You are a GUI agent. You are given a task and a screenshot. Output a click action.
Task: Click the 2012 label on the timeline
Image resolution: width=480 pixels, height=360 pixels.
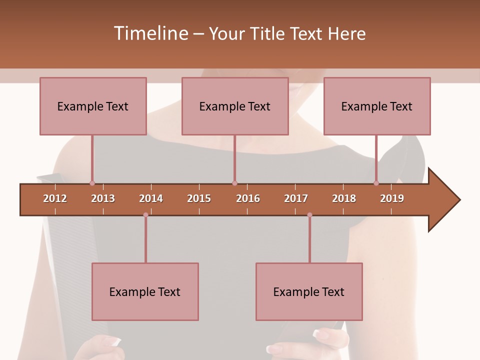tap(55, 198)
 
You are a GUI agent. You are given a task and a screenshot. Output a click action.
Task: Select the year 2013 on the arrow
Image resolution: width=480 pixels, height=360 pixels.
tap(103, 198)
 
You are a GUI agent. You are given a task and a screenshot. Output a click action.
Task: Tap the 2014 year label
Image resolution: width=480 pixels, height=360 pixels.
tap(151, 198)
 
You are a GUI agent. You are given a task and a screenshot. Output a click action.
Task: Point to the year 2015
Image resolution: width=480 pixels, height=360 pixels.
tap(199, 198)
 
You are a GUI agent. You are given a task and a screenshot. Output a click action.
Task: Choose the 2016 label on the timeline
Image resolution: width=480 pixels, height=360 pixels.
tap(248, 198)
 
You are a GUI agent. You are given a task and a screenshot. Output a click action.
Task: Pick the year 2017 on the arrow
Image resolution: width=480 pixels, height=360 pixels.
tap(296, 198)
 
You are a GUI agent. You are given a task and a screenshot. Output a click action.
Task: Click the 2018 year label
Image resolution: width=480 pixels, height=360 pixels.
tap(344, 198)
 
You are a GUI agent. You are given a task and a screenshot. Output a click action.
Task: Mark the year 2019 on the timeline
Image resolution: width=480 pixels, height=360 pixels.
tap(392, 198)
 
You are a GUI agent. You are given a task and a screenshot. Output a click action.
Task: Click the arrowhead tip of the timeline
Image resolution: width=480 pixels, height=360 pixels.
tap(458, 200)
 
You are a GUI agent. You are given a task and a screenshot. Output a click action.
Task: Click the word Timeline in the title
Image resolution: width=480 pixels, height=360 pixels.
tap(150, 33)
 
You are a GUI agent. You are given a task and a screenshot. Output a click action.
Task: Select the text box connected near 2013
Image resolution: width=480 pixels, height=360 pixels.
tap(93, 106)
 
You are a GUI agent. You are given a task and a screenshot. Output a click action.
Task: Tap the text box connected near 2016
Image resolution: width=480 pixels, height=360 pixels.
tap(235, 106)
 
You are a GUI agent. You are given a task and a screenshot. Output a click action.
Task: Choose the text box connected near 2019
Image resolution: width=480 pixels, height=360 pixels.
tap(377, 106)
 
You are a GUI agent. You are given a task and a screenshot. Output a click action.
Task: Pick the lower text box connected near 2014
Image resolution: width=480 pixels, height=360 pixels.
tap(145, 291)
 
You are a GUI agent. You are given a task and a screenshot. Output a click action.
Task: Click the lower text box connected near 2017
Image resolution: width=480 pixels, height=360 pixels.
tap(309, 291)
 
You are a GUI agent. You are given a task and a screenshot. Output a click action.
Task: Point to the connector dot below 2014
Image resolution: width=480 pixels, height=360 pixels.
tap(145, 215)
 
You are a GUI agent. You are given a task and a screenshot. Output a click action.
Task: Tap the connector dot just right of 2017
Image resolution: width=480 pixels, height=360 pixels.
tap(309, 215)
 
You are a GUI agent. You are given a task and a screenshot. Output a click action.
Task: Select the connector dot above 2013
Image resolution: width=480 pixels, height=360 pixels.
tap(92, 183)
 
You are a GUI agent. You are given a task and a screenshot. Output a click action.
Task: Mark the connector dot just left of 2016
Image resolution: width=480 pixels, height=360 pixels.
tap(234, 183)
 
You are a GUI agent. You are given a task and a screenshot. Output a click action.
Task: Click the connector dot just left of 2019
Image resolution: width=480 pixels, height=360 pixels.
tap(376, 183)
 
